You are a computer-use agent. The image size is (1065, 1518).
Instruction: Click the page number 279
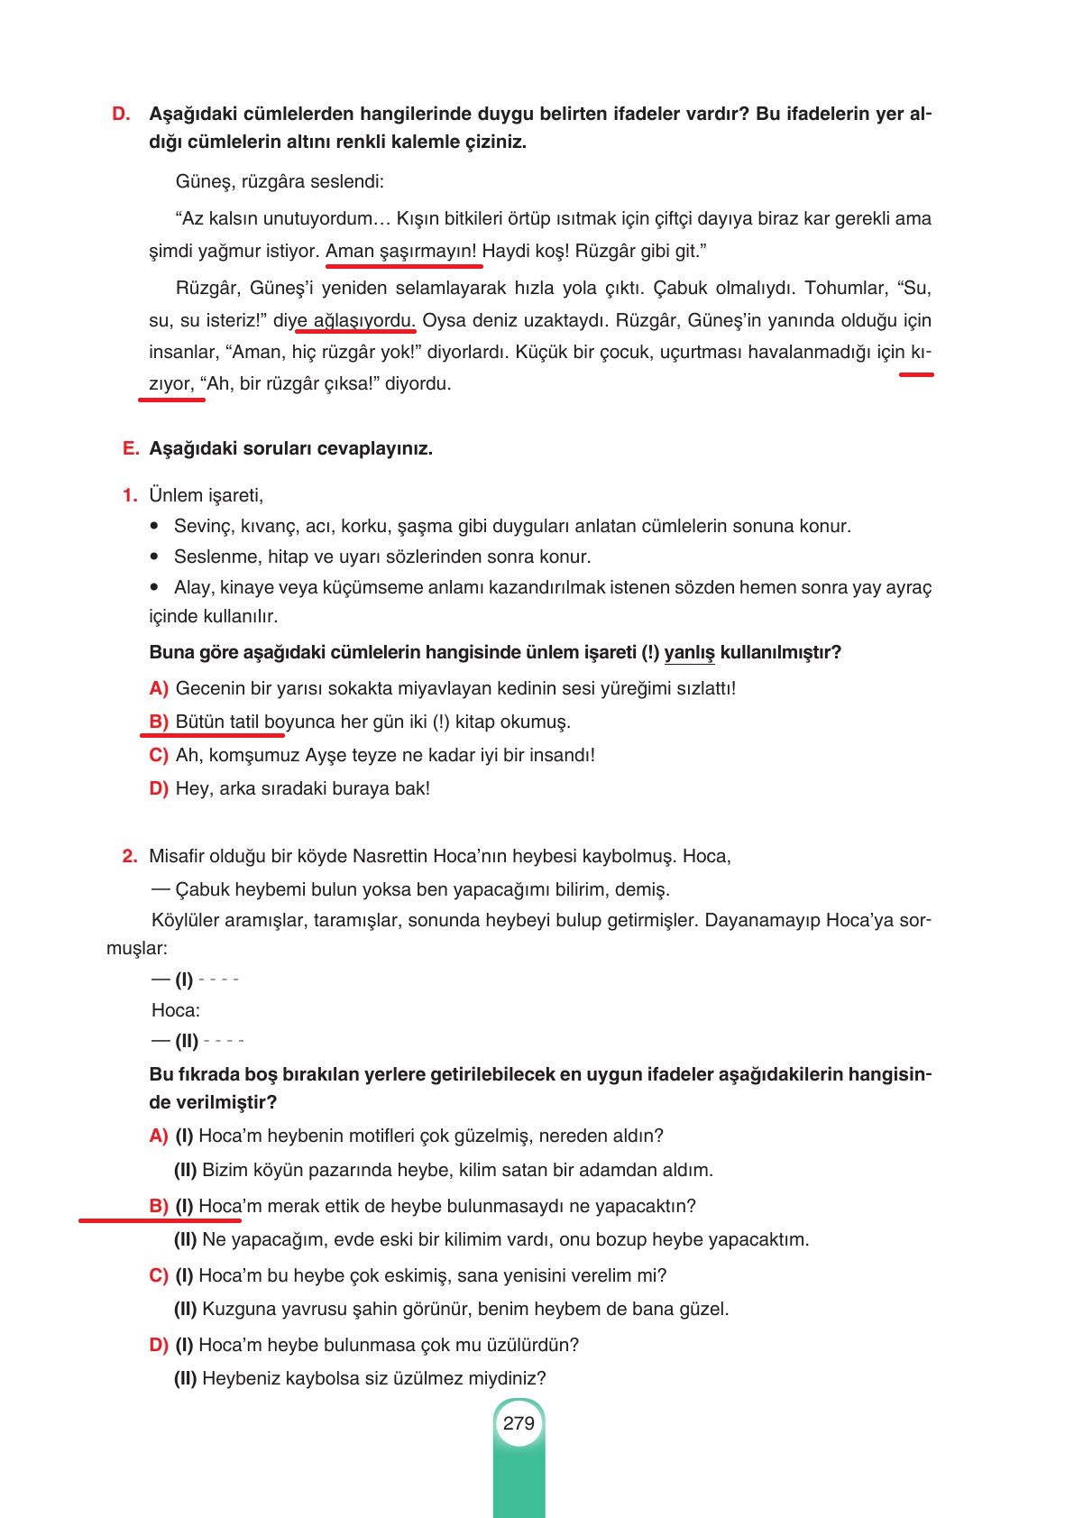click(519, 1423)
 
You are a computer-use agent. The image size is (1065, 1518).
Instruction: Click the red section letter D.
click(121, 115)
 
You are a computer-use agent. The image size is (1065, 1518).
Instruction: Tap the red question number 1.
click(130, 495)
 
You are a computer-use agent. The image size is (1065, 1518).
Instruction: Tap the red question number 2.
click(129, 855)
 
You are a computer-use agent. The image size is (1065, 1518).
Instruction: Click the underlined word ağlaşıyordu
click(363, 320)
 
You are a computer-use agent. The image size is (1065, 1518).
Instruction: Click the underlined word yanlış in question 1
click(689, 652)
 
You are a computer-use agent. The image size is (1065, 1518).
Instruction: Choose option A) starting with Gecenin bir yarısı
click(159, 688)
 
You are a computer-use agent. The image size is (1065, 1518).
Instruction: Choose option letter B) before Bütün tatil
click(159, 722)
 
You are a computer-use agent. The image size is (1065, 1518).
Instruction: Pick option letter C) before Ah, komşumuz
click(159, 755)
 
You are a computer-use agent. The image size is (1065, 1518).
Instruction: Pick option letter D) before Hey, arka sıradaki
click(159, 788)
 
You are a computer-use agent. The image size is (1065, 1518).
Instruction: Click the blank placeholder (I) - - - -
click(207, 979)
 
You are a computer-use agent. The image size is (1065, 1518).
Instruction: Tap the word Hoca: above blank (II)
click(176, 1010)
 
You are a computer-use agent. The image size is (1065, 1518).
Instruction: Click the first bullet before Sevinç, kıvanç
click(157, 526)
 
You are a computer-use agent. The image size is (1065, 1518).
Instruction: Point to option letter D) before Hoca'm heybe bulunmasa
click(159, 1345)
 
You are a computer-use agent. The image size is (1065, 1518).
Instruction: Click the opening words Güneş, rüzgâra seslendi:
click(280, 181)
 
